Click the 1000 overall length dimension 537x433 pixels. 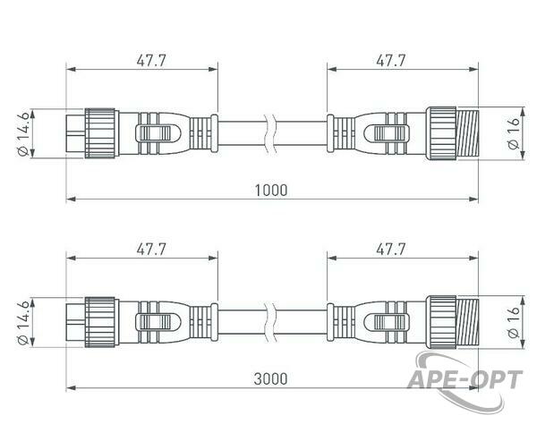pos(271,190)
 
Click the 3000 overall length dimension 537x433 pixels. pos(270,379)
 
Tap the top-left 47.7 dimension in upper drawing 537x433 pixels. pos(151,60)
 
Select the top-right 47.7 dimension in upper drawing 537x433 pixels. pos(391,60)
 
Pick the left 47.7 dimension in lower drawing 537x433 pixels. pos(151,250)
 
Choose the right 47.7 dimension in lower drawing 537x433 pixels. pos(391,250)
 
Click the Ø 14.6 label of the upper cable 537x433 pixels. pos(23,134)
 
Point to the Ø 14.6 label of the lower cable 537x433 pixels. pos(23,323)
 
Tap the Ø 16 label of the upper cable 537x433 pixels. pos(514,133)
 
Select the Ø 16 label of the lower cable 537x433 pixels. pos(514,322)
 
